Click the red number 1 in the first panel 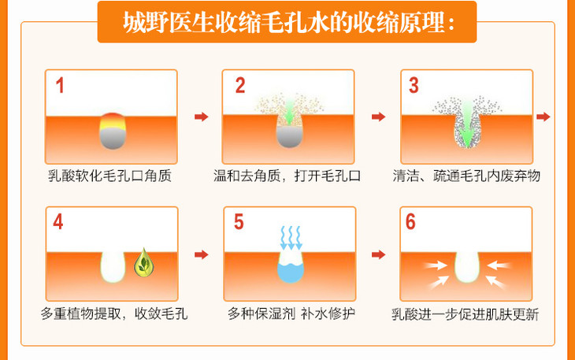[60, 85]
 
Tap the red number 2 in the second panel [240, 85]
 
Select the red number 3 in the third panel [414, 85]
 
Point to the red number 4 [58, 222]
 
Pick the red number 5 [239, 222]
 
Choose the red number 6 [410, 222]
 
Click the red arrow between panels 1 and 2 [202, 117]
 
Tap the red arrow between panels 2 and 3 [378, 117]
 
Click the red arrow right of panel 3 [543, 117]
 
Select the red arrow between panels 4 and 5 [202, 254]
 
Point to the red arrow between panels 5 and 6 [378, 254]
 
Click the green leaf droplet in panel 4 [143, 263]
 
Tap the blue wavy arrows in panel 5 [291, 238]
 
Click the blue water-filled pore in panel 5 [291, 271]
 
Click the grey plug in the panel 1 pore [113, 139]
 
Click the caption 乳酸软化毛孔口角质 [110, 176]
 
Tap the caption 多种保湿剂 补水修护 [291, 314]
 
